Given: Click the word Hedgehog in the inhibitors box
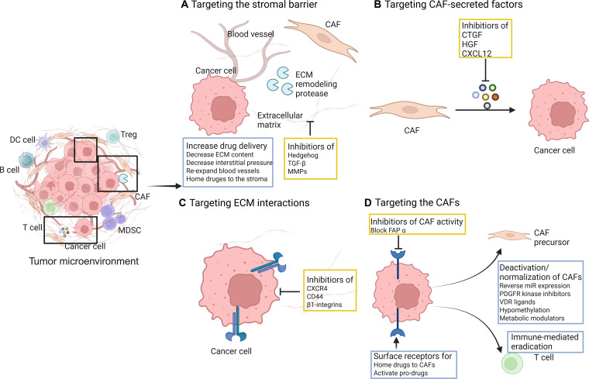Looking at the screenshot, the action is click(303, 155).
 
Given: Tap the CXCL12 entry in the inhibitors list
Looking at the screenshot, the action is click(477, 53).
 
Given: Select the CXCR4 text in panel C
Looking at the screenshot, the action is click(317, 288).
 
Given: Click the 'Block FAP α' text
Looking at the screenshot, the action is click(388, 230).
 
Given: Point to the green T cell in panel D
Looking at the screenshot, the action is click(511, 363).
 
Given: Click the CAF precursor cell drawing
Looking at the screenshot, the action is click(510, 235).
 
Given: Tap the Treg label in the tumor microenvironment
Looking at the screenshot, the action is click(129, 135).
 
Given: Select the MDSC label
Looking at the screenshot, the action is click(129, 230).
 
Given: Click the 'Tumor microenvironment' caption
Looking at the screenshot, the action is click(84, 261).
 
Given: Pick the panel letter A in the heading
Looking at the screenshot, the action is click(184, 5).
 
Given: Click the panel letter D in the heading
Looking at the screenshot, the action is click(368, 203).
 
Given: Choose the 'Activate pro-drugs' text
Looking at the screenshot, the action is click(401, 373).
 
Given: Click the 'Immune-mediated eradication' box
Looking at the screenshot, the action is click(545, 342).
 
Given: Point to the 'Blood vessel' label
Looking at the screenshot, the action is click(250, 34).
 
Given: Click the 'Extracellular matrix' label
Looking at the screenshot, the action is click(280, 120).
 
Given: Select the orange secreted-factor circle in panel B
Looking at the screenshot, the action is click(495, 97).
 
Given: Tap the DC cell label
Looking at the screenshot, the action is click(22, 140).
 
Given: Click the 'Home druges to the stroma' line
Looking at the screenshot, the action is click(227, 179).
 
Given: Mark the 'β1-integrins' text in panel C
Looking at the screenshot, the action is click(324, 305).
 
